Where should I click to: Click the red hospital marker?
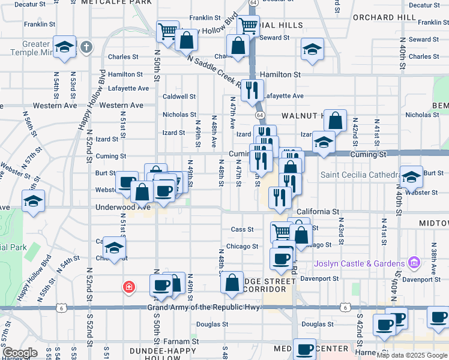click(x=128, y=287)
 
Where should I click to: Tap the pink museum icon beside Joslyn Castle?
click(x=413, y=263)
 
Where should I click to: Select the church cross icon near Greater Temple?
click(x=86, y=47)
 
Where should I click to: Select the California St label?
click(x=318, y=212)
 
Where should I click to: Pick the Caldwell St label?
click(x=179, y=96)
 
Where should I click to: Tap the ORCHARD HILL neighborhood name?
click(x=384, y=17)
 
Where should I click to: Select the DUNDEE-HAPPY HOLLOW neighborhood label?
click(x=163, y=353)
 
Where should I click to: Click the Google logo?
click(x=20, y=353)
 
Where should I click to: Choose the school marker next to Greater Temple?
click(x=64, y=47)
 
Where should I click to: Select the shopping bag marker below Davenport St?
click(x=232, y=283)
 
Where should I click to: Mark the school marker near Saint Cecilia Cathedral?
click(x=411, y=176)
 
